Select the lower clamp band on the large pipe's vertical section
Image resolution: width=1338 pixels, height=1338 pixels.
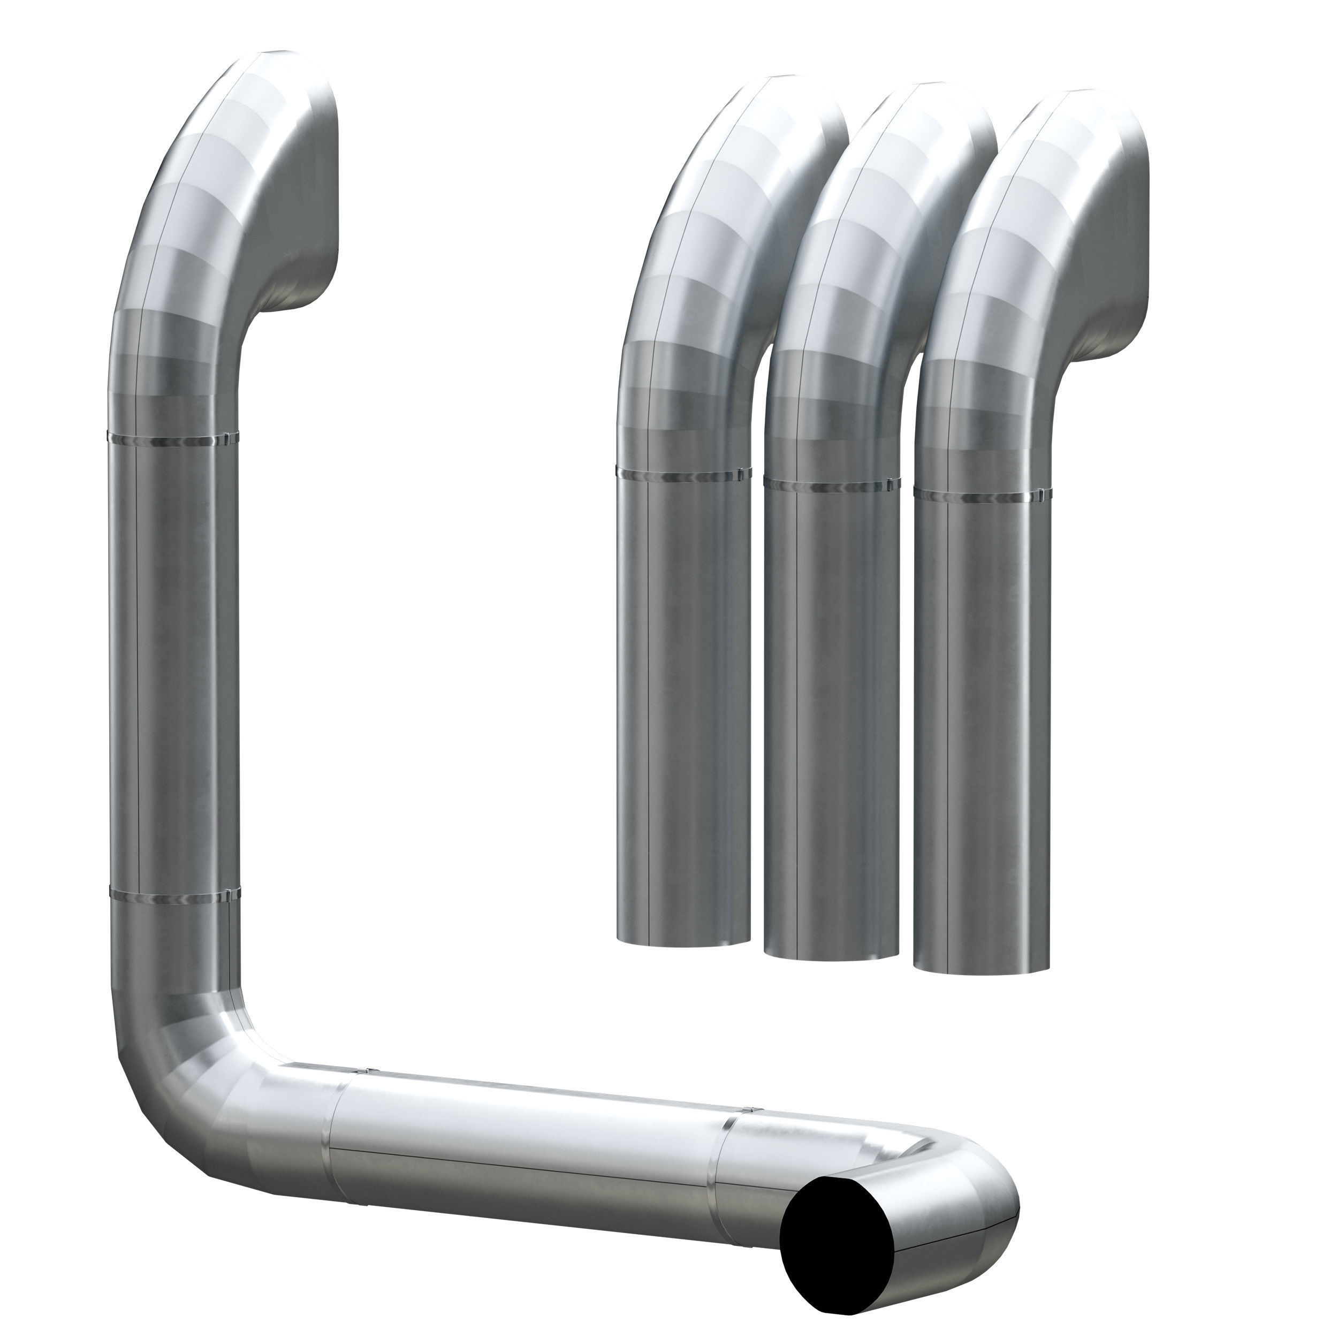click(x=174, y=898)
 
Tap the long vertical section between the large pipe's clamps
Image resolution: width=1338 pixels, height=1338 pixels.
click(x=173, y=665)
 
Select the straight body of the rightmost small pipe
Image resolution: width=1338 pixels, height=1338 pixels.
click(x=980, y=727)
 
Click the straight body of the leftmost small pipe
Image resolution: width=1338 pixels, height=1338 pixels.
click(x=683, y=706)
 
